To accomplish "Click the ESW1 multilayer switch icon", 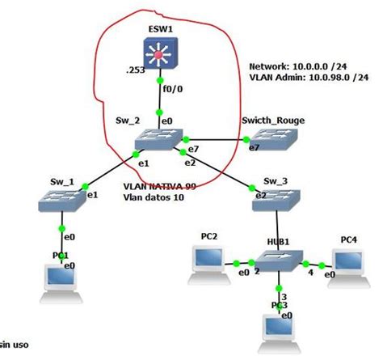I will pyautogui.click(x=161, y=54).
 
